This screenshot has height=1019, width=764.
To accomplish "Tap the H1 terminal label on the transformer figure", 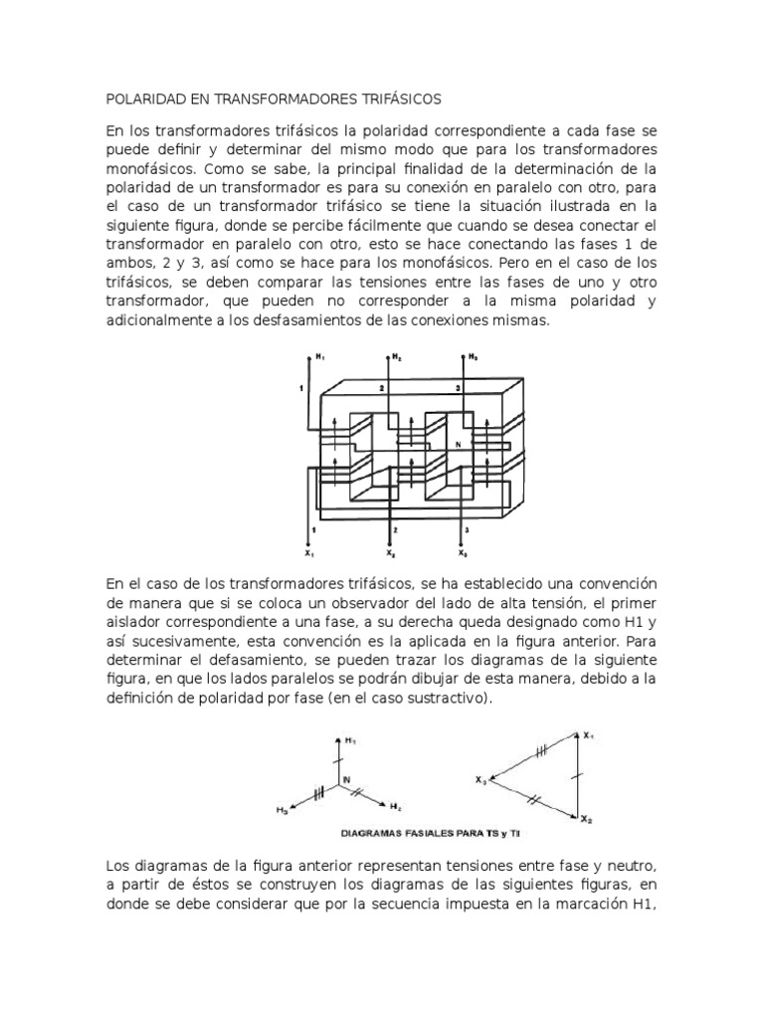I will click(x=320, y=357).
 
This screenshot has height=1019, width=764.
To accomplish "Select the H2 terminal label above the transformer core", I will click(x=397, y=357).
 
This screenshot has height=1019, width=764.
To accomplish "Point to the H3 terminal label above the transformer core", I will click(x=473, y=357).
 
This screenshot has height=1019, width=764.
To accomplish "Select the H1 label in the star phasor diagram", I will click(x=350, y=741).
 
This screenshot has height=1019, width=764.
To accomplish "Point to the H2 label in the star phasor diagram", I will click(x=396, y=805).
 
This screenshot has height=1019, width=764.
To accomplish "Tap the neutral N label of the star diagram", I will click(x=347, y=778).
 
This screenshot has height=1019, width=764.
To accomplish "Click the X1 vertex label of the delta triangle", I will click(x=589, y=735).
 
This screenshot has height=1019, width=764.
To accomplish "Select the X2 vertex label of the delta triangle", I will click(x=588, y=820).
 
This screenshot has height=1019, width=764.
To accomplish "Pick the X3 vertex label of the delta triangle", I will click(x=482, y=779).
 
